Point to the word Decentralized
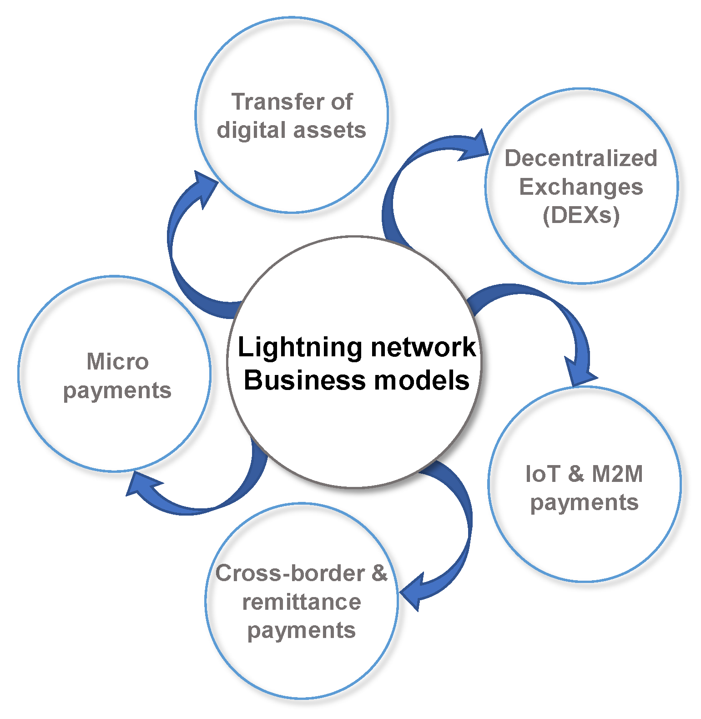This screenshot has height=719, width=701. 581,158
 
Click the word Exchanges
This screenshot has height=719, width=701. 581,187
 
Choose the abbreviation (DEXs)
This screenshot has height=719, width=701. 581,215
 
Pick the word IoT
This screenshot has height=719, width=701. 542,474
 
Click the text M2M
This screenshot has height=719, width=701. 617,474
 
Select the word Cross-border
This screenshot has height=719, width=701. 290,573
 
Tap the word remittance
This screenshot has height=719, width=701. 302,602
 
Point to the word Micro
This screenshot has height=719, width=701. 117,362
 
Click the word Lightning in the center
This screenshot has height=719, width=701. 300,348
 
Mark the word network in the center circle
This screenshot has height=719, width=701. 423,348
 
